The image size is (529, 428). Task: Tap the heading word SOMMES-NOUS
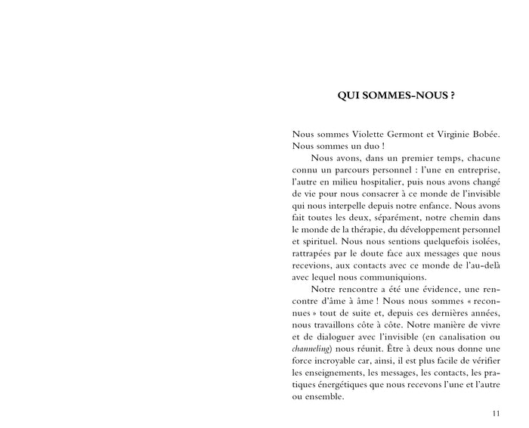click(x=401, y=96)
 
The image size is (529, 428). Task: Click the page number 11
click(x=495, y=413)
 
